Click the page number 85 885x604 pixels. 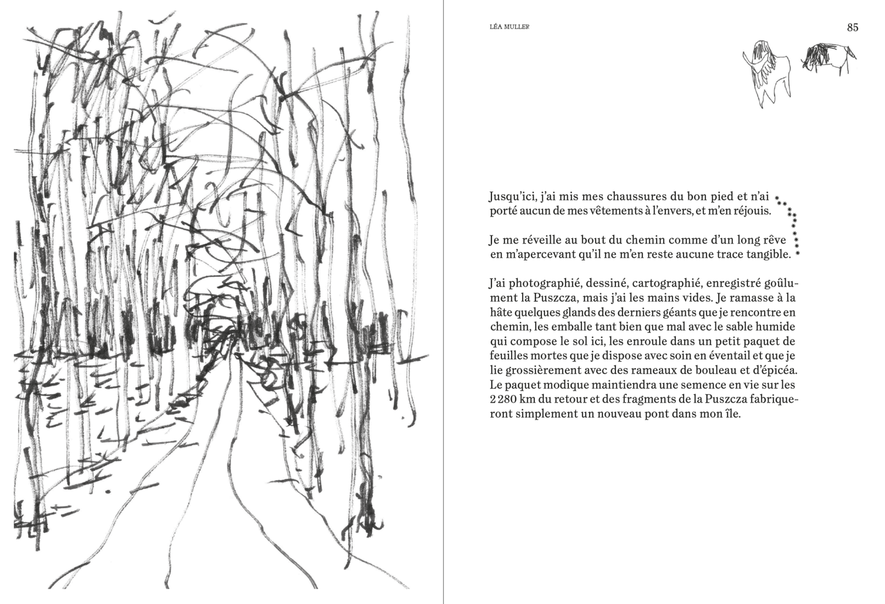pos(852,27)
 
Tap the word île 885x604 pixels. pos(733,414)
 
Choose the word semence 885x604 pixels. pos(692,385)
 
